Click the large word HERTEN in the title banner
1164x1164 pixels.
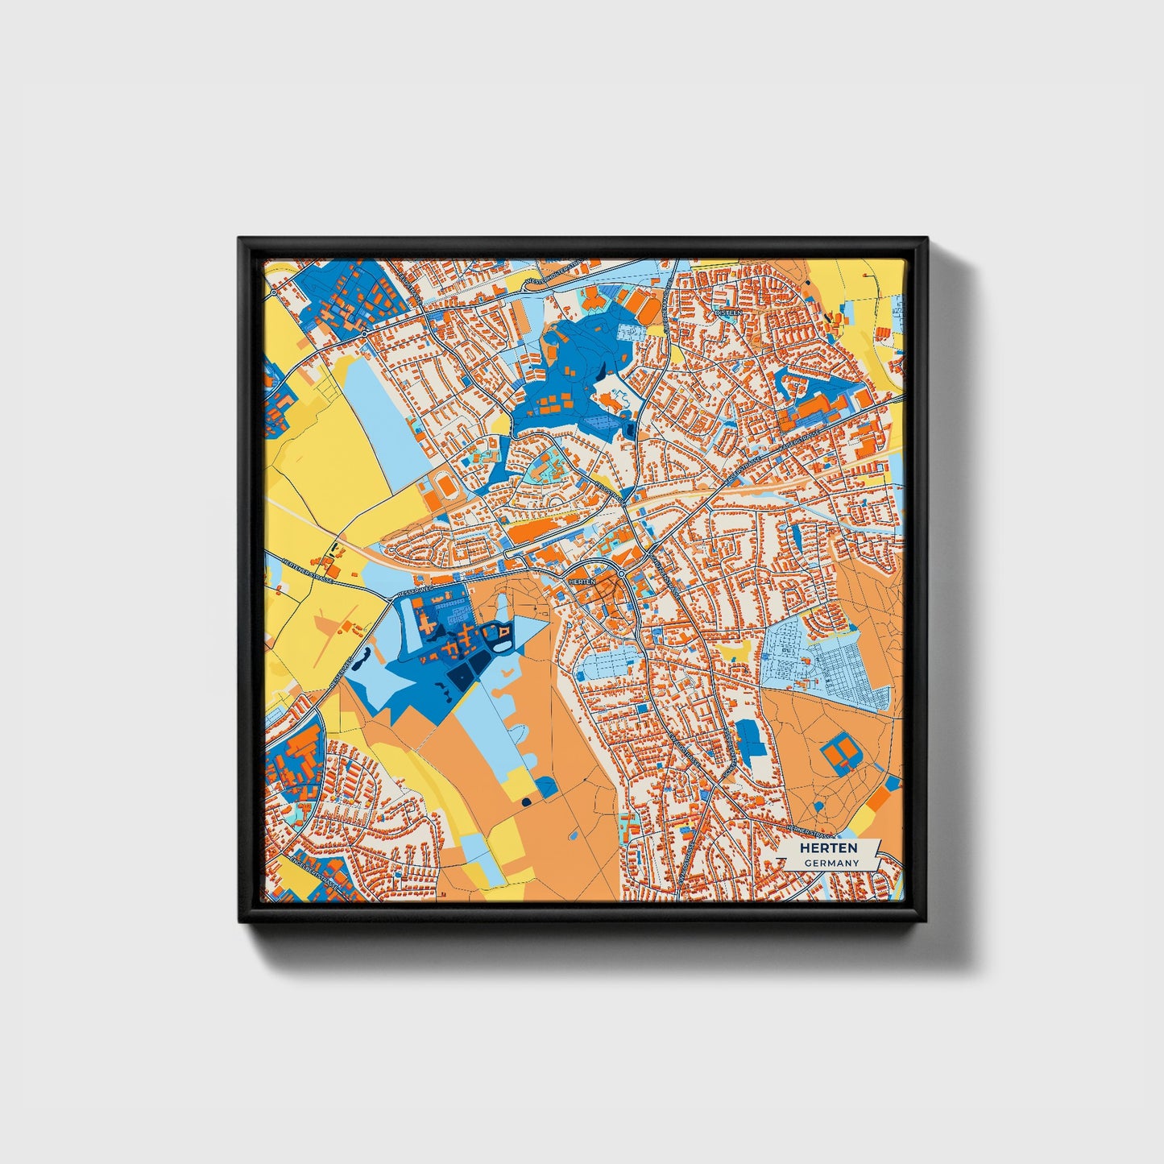(829, 848)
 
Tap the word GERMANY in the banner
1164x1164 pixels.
(831, 863)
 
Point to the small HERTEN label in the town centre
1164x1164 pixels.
(581, 581)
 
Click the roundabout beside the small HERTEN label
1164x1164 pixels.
(622, 574)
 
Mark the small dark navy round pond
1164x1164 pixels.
(526, 802)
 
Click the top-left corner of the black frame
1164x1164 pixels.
(240, 239)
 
